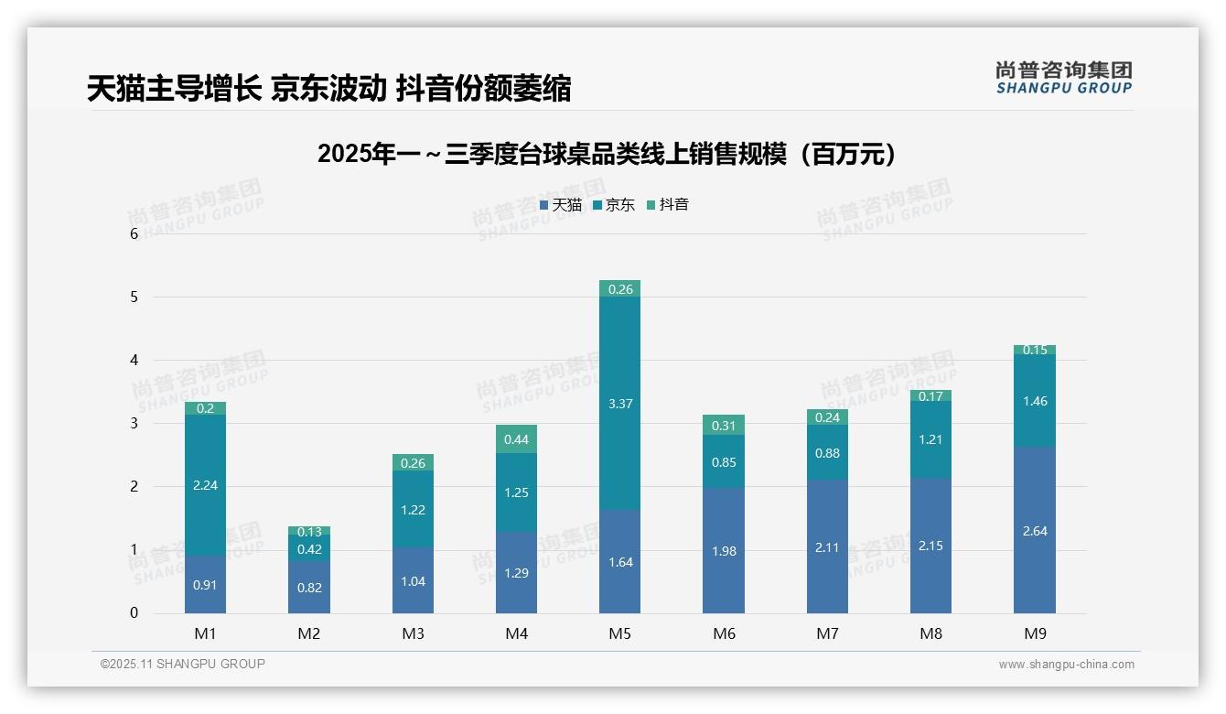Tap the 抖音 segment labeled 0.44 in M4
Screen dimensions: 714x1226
pos(516,439)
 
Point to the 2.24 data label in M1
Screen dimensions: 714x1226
pos(205,485)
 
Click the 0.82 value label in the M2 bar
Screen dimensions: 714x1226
pos(309,588)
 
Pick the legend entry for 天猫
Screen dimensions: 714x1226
pos(561,205)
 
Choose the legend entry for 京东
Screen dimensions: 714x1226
pos(615,205)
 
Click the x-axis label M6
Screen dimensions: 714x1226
pos(723,633)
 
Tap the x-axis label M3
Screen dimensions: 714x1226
pos(413,633)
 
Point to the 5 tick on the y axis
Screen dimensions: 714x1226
pos(134,297)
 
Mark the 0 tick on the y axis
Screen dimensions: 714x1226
pos(134,613)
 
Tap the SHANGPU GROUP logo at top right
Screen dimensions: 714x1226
pos(1064,78)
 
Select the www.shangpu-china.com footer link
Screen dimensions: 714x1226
pos(1066,665)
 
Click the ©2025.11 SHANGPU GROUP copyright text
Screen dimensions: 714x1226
pos(183,665)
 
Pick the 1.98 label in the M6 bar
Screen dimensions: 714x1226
pos(723,551)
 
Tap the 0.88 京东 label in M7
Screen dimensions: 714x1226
pos(827,453)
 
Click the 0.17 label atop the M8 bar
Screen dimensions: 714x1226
pos(930,396)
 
